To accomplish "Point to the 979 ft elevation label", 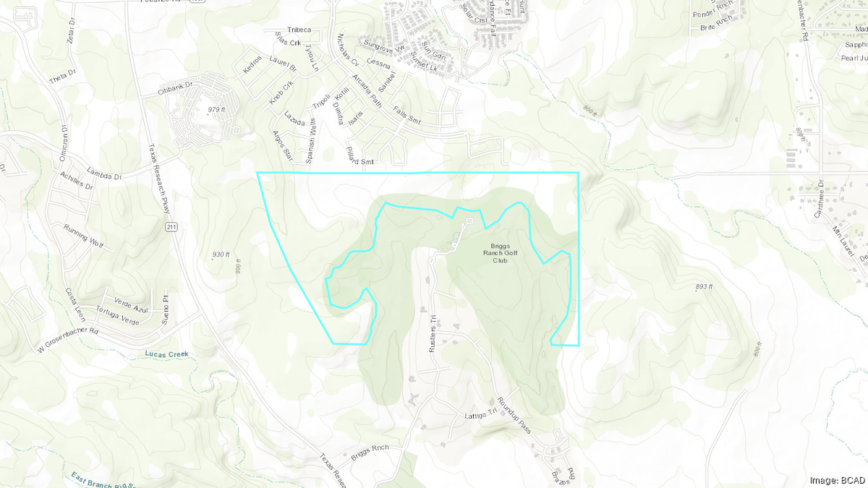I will (x=217, y=109).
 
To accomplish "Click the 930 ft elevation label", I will (x=221, y=254).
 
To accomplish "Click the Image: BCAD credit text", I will (x=837, y=479).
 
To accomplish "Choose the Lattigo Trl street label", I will (x=477, y=417).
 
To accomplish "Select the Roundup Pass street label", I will (x=514, y=414).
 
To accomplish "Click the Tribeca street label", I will (x=298, y=30).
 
